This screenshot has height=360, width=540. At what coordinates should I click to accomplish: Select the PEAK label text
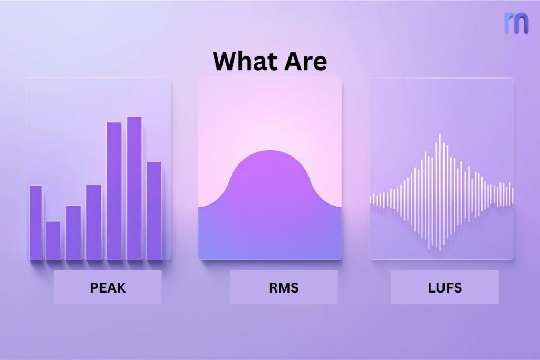[108, 288]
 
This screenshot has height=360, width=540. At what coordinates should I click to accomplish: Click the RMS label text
[284, 288]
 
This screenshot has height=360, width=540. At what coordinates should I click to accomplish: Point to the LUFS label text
[445, 288]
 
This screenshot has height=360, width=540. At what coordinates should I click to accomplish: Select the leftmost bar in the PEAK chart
[35, 222]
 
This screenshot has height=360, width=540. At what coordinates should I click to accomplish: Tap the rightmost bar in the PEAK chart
[154, 210]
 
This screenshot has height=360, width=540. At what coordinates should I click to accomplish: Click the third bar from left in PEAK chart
[74, 232]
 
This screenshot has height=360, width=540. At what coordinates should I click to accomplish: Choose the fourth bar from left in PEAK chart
[94, 222]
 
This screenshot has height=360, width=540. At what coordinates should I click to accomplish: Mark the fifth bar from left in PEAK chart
[114, 191]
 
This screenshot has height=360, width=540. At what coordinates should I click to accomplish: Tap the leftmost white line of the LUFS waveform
[371, 199]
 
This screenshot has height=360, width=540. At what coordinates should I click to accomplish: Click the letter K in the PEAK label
[121, 288]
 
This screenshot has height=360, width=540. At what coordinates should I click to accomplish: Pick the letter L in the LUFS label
[431, 288]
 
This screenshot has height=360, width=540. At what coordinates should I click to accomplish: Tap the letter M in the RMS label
[284, 288]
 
